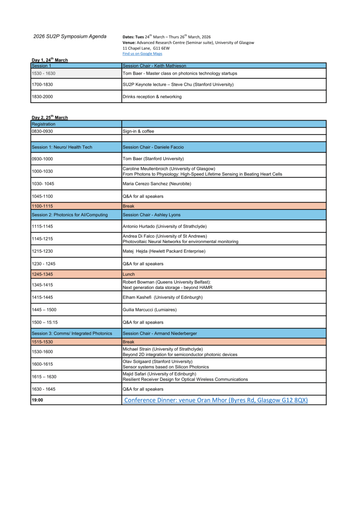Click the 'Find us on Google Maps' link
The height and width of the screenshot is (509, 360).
[x=142, y=54]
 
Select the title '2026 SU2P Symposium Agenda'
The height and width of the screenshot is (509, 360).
[x=70, y=36]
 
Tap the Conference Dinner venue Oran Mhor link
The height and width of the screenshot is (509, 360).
[x=216, y=400]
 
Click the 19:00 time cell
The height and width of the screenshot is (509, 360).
[x=38, y=400]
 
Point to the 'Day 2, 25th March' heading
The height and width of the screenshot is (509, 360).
[x=50, y=117]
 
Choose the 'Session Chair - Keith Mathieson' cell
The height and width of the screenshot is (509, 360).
[x=154, y=66]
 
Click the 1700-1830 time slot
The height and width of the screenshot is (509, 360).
[x=42, y=84]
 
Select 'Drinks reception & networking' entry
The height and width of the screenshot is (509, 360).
[x=152, y=96]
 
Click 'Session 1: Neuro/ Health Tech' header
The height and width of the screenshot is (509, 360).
[x=62, y=147]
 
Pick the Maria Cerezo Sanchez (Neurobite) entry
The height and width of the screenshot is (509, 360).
[x=157, y=183]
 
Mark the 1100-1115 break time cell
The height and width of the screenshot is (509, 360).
[x=42, y=206]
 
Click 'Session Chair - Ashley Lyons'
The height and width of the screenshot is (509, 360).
[x=152, y=215]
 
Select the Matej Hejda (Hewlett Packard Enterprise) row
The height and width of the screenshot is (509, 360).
[x=164, y=251]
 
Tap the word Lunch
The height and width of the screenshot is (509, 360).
[x=128, y=274]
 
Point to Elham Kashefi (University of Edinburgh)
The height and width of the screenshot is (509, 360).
[x=163, y=297]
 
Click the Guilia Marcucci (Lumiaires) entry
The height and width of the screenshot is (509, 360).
[x=150, y=310]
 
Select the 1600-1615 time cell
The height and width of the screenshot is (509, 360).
[x=42, y=364]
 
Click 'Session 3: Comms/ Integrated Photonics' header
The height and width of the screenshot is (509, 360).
[x=72, y=333]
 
